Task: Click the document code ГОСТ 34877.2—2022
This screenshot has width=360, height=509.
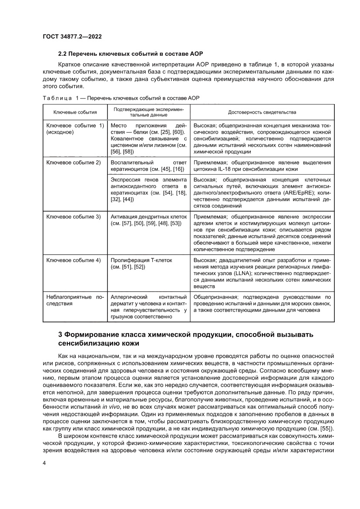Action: click(72, 37)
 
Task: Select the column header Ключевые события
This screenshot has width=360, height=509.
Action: click(75, 112)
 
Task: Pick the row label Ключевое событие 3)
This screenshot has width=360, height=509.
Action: click(73, 216)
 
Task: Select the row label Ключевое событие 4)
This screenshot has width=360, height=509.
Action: click(73, 260)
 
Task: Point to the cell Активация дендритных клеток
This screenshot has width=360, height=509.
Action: click(148, 216)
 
